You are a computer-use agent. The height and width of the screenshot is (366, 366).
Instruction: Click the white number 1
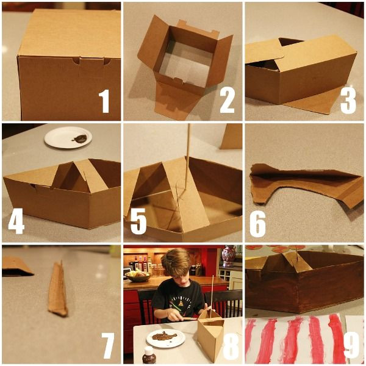[x=104, y=101]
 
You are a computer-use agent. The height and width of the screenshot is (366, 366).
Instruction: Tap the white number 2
[x=227, y=101]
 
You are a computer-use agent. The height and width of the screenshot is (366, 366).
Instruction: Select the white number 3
[x=348, y=102]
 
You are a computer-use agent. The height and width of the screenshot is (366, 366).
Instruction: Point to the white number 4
[x=16, y=221]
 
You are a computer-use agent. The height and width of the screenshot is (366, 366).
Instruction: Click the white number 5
[x=138, y=221]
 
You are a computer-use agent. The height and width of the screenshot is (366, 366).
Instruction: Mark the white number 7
[x=108, y=345]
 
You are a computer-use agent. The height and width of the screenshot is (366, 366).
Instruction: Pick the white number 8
[x=231, y=346]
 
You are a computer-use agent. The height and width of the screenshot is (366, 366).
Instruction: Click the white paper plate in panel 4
[x=68, y=137]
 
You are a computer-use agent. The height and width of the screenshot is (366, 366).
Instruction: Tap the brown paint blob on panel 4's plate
[x=80, y=138]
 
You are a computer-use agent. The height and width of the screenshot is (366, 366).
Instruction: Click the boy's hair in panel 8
[x=176, y=262]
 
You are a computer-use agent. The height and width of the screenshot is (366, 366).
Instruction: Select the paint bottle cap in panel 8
[x=149, y=350]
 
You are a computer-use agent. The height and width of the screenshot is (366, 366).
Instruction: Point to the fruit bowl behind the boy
[x=138, y=276]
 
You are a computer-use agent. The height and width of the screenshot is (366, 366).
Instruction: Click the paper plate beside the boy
[x=166, y=338]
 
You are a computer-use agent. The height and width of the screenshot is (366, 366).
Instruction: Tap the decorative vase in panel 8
[x=229, y=256]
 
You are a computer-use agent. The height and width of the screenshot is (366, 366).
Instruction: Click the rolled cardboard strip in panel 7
[x=58, y=289]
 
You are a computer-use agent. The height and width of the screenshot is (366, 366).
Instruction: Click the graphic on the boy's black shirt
[x=181, y=303]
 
